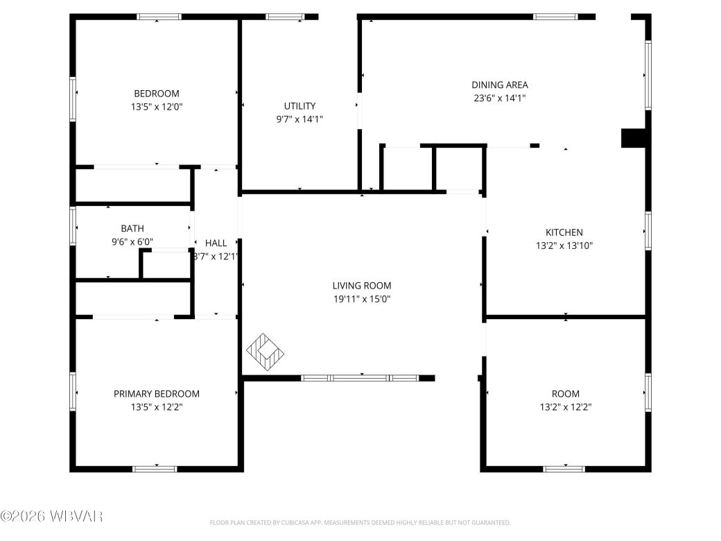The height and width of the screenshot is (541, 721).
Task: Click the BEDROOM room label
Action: click(x=156, y=94)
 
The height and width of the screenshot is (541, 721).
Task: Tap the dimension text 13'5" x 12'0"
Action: click(x=156, y=107)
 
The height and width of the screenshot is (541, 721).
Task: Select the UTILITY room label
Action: click(x=299, y=106)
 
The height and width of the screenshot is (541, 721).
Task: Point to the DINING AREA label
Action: click(x=499, y=85)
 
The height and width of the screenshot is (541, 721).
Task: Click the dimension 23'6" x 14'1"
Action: click(x=499, y=98)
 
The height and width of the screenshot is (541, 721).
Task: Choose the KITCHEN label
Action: click(x=564, y=232)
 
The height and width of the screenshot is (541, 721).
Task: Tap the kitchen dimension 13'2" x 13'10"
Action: click(x=564, y=245)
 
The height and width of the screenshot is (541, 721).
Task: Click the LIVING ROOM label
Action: click(x=361, y=285)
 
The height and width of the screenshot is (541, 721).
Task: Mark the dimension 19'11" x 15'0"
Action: click(x=361, y=299)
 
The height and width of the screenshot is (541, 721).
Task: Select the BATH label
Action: click(x=132, y=228)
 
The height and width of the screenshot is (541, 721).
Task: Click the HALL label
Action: click(x=216, y=243)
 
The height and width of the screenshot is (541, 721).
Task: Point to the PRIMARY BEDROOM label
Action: click(x=156, y=393)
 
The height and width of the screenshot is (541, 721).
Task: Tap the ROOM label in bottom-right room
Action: click(x=566, y=393)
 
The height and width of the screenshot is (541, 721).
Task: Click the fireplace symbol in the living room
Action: click(x=266, y=351)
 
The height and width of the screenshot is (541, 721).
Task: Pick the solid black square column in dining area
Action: click(x=632, y=138)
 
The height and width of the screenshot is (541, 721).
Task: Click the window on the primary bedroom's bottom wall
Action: click(x=155, y=469)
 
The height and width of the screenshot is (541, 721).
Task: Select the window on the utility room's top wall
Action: click(x=285, y=17)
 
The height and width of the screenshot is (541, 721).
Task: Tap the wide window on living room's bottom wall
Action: click(x=360, y=378)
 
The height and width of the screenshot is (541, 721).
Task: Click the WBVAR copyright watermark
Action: click(x=52, y=516)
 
